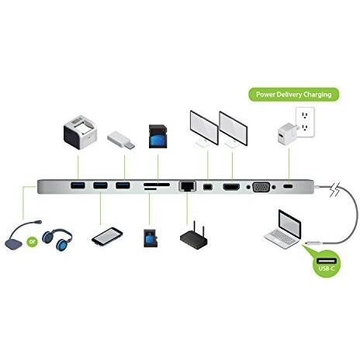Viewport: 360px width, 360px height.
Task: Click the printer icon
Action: (80, 132)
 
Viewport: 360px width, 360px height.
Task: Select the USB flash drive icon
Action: (121, 140)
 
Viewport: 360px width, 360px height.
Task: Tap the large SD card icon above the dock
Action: (158, 137)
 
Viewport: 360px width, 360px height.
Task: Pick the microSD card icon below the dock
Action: (151, 238)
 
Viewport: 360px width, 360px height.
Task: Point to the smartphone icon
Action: (107, 237)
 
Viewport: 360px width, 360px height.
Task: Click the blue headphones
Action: (57, 239)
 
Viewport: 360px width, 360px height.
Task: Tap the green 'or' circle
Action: (32, 242)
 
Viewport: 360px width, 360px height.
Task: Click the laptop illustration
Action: (283, 230)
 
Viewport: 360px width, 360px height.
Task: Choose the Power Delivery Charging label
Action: (294, 95)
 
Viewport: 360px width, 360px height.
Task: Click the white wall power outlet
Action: (305, 122)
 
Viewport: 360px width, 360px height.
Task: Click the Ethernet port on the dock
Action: (187, 186)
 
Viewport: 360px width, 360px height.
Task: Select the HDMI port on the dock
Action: (231, 187)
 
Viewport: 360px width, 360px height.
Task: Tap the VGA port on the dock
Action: (261, 187)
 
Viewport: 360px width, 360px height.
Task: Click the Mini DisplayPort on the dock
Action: (208, 187)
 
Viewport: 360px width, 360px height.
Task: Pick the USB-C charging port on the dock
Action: (288, 186)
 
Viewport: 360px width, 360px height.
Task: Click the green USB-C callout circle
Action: (327, 264)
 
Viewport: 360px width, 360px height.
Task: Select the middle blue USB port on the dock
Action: (100, 185)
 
